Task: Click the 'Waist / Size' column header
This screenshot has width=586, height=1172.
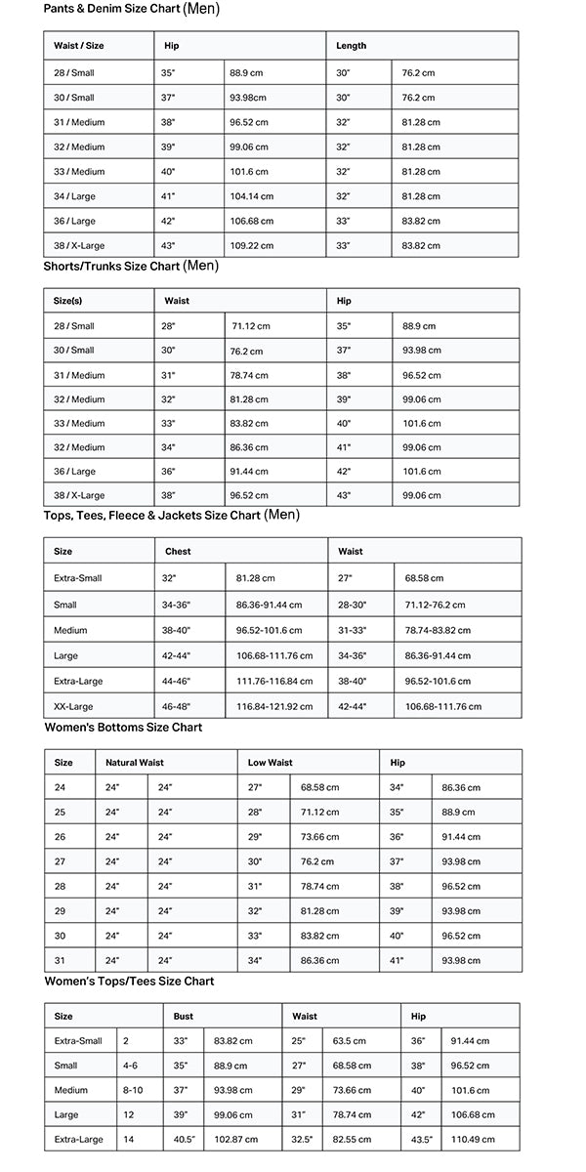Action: pos(77,46)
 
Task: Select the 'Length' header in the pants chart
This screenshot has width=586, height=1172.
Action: pos(352,46)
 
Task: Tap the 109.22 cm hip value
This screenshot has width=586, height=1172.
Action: pos(251,245)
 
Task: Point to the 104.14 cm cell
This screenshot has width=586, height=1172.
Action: pos(251,196)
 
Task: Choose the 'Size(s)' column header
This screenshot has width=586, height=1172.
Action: pos(68,301)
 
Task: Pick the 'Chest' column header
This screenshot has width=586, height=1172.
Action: pos(178,552)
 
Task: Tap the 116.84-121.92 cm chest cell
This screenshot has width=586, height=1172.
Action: pos(274,706)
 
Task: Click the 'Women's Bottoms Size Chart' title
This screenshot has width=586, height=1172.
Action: pos(123,728)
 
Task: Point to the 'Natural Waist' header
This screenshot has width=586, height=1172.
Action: pos(135,763)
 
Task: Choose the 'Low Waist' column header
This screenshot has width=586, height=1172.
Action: pos(270,763)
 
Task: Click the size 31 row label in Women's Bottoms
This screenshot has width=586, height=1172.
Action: pos(60,960)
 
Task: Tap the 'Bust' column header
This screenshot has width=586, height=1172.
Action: pos(184,1017)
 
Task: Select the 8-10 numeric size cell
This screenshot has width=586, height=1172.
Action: pos(133,1090)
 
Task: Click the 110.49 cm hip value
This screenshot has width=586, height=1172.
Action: pos(472,1139)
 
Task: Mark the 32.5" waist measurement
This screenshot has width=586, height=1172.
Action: pos(303,1139)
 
